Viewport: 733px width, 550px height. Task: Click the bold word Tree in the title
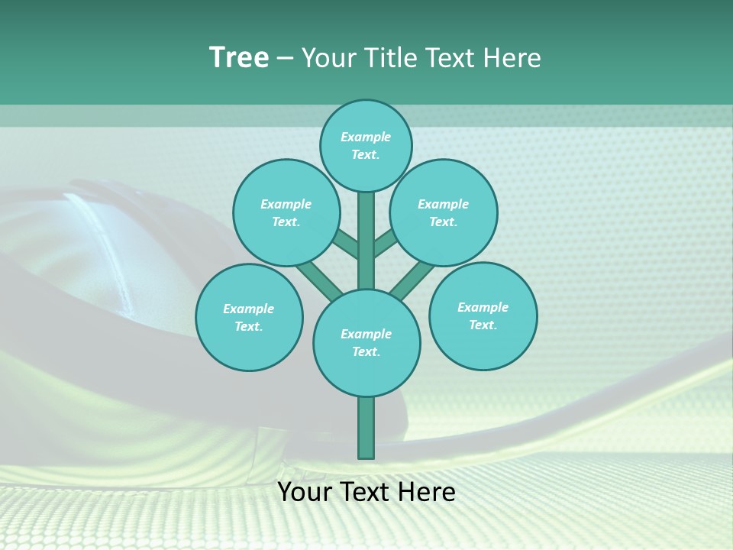pyautogui.click(x=239, y=58)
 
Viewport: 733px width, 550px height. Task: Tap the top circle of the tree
pyautogui.click(x=366, y=145)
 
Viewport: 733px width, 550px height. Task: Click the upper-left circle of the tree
pyautogui.click(x=286, y=212)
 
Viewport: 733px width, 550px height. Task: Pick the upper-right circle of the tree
pyautogui.click(x=444, y=212)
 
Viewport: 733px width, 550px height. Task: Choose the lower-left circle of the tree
pyautogui.click(x=249, y=317)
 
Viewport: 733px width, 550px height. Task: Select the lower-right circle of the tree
pyautogui.click(x=483, y=315)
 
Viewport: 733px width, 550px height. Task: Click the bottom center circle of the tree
pyautogui.click(x=366, y=342)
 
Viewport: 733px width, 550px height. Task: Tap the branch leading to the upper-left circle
pyautogui.click(x=345, y=244)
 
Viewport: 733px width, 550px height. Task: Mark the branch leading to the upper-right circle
pyautogui.click(x=386, y=244)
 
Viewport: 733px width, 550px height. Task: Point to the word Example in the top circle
pyautogui.click(x=366, y=137)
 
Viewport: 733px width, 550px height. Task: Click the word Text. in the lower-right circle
pyautogui.click(x=483, y=325)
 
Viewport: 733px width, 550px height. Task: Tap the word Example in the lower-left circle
pyautogui.click(x=248, y=309)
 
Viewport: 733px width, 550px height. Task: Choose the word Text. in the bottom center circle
pyautogui.click(x=366, y=351)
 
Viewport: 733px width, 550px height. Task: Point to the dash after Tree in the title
pyautogui.click(x=285, y=59)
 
